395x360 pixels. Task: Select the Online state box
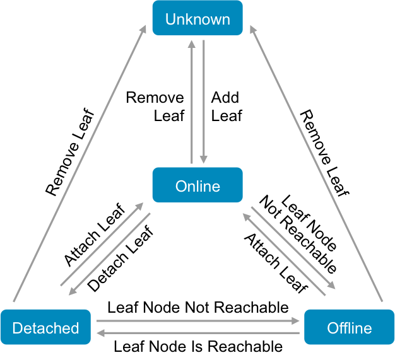click(197, 185)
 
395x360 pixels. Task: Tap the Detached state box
click(45, 327)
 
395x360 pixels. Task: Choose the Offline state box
click(349, 327)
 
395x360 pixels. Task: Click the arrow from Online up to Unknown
click(192, 101)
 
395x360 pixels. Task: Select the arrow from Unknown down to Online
click(203, 101)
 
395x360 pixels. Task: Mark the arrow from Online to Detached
click(109, 253)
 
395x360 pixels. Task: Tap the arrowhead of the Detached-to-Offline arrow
click(297, 321)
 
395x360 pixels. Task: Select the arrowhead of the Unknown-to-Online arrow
click(203, 159)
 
